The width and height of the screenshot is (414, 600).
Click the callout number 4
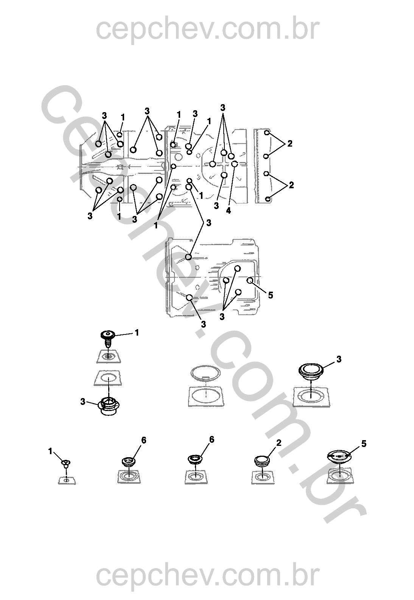click(x=228, y=211)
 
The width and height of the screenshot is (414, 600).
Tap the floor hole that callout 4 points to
click(x=235, y=164)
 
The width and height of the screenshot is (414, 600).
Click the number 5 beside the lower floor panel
click(x=270, y=295)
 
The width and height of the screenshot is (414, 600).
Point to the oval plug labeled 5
click(x=339, y=457)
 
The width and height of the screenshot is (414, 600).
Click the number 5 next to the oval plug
click(x=364, y=444)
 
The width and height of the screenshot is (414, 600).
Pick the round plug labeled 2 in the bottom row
click(x=262, y=461)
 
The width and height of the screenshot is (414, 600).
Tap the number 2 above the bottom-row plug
click(x=279, y=442)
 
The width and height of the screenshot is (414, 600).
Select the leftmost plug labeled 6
click(x=129, y=462)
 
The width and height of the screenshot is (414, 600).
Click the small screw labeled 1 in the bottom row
click(x=65, y=464)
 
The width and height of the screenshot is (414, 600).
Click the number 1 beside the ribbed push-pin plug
click(x=137, y=333)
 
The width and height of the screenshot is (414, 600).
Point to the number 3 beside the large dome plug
click(x=339, y=359)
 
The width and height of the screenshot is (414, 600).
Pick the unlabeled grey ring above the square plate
click(x=205, y=373)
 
